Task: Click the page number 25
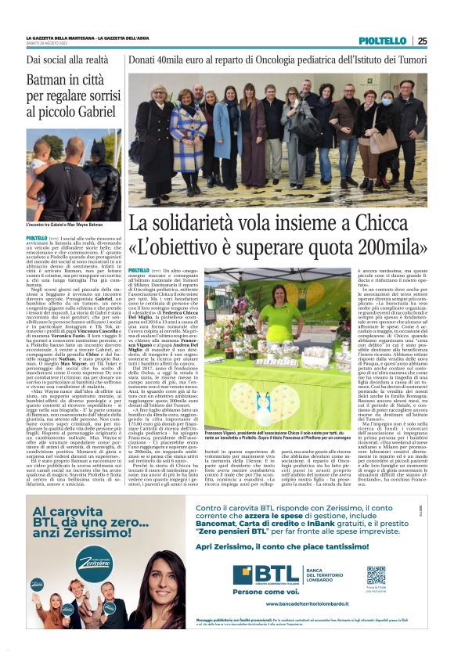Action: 423,41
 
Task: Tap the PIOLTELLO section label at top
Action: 383,41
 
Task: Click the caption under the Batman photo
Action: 63,225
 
